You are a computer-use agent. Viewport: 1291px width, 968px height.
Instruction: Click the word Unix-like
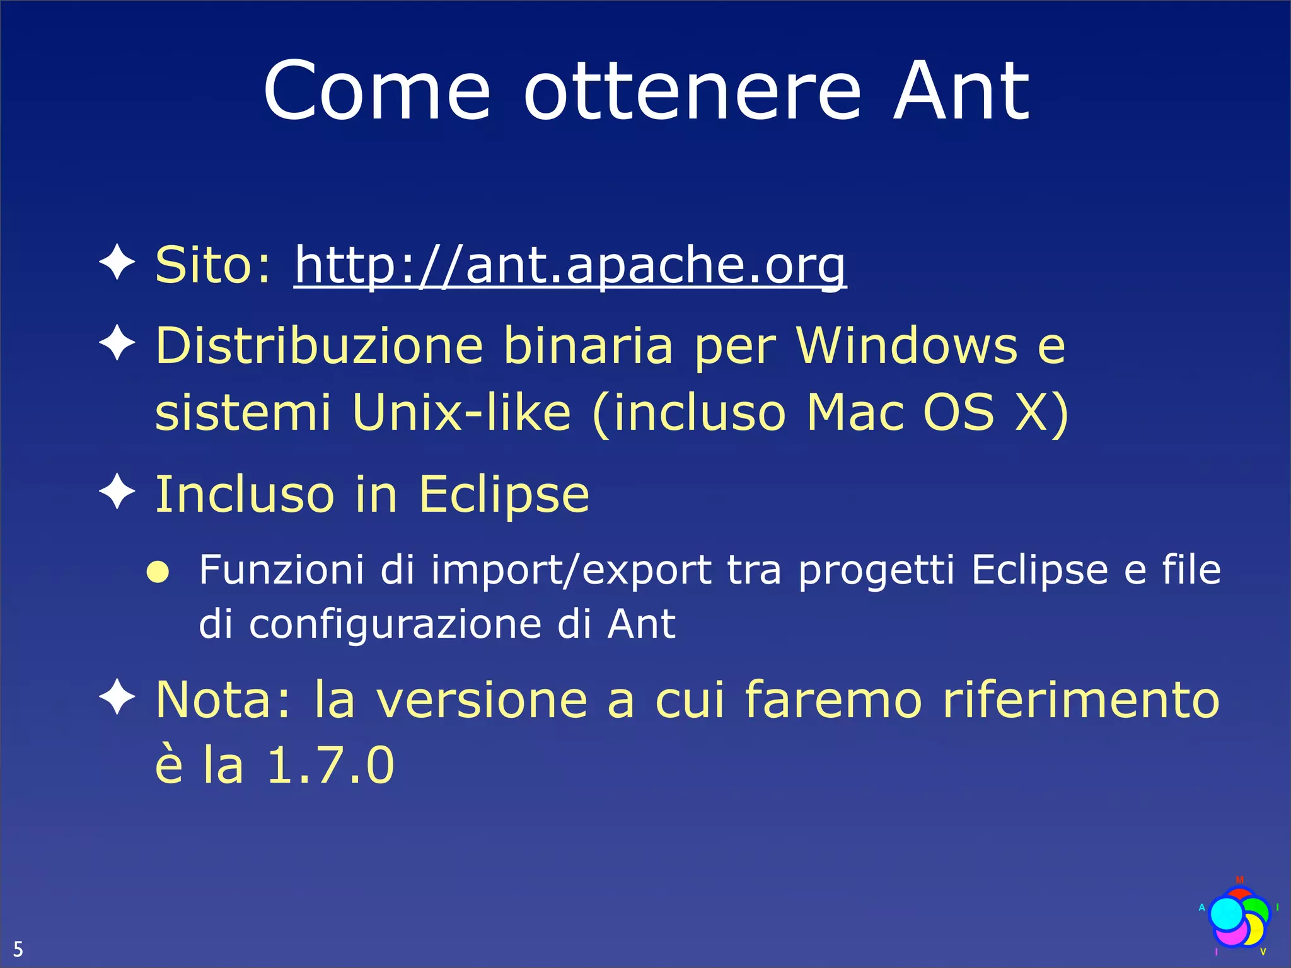461,412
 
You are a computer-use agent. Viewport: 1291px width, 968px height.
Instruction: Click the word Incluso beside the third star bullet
245,494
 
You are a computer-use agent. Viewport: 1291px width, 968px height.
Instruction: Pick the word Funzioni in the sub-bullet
281,570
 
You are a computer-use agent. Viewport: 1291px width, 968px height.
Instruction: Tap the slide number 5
18,948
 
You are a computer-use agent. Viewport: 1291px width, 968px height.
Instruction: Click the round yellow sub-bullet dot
158,572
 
